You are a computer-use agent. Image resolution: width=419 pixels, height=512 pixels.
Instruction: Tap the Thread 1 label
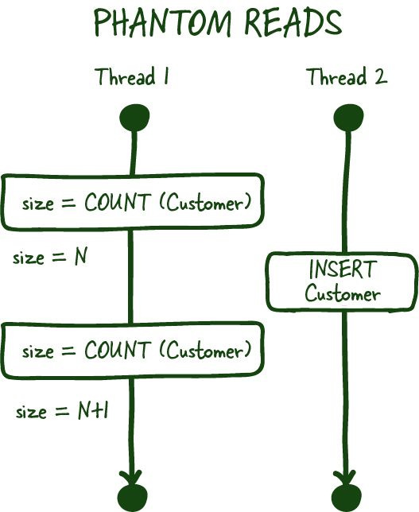pos(132,77)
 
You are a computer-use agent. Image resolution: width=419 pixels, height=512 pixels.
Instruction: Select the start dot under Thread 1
pos(134,120)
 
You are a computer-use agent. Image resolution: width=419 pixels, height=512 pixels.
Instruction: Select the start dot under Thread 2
pos(347,120)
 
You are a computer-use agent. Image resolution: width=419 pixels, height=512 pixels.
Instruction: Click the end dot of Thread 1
pos(133,498)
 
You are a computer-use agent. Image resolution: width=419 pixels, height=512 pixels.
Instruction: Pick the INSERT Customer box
pos(341,282)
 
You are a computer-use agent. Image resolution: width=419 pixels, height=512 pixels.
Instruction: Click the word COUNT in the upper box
pos(117,203)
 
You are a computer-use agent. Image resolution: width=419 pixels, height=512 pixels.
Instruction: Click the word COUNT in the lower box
pos(117,350)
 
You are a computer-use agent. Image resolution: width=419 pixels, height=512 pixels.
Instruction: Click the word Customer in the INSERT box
pos(343,294)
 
